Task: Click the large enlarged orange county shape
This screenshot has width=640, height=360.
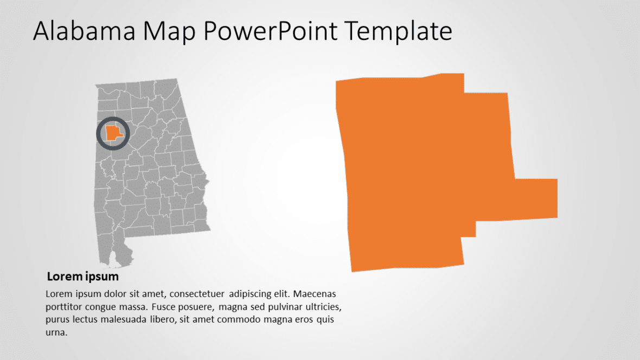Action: click(423, 173)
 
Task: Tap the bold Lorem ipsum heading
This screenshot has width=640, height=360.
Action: click(82, 277)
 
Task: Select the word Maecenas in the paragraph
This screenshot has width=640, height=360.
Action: click(316, 294)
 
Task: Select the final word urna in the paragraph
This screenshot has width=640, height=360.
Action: click(55, 333)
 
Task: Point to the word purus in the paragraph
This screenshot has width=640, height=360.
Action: click(57, 320)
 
